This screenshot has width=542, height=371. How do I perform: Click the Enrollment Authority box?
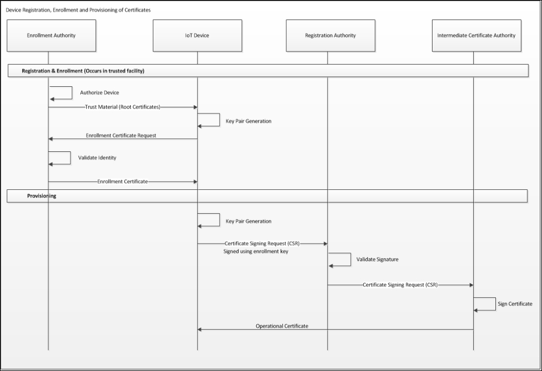pos(51,36)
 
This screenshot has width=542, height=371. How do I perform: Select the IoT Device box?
pos(197,36)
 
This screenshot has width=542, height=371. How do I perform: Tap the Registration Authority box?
pos(331,36)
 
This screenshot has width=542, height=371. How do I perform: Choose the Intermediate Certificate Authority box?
pos(476,36)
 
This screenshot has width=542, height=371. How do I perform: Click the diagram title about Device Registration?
pos(78,10)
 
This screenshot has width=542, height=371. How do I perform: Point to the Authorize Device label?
pos(100,93)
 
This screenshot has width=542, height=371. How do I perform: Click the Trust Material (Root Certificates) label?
pos(122,107)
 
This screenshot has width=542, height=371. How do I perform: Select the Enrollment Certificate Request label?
pos(121,136)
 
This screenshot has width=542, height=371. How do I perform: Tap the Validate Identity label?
pos(97,158)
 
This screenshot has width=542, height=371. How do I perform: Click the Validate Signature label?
pos(377,259)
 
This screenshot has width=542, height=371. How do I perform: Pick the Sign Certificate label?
pos(515,304)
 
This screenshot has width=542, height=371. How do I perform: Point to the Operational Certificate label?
pos(282,326)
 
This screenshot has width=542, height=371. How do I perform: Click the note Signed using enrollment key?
pos(256,251)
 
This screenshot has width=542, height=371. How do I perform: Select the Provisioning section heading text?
pos(42,196)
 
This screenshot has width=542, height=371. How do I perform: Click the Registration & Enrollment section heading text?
pos(83,71)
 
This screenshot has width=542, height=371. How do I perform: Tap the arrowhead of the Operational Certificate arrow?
pos(199,330)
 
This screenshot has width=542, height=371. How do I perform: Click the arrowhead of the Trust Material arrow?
pos(195,107)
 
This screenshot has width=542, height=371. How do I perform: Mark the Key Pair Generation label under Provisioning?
pos(249,221)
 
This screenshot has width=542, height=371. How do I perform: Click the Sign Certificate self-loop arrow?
pos(495,304)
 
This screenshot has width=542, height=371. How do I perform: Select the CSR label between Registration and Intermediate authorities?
pos(401,285)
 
